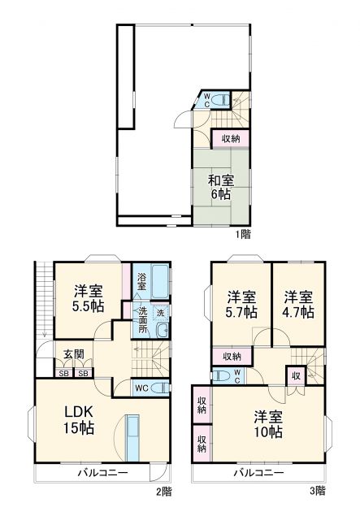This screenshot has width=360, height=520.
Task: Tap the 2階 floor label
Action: pos(166,491)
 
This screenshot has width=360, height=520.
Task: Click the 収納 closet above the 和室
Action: pos(231,139)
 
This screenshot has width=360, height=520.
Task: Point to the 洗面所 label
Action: pos(142,320)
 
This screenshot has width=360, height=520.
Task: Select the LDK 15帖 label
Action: pos(79,418)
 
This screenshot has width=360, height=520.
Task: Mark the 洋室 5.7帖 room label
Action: pos(241,304)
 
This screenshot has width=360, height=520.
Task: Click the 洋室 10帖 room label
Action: pos(267,423)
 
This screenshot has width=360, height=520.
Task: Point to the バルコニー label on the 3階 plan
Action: pos(259,472)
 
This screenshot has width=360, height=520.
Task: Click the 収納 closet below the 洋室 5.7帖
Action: pos(231,357)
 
